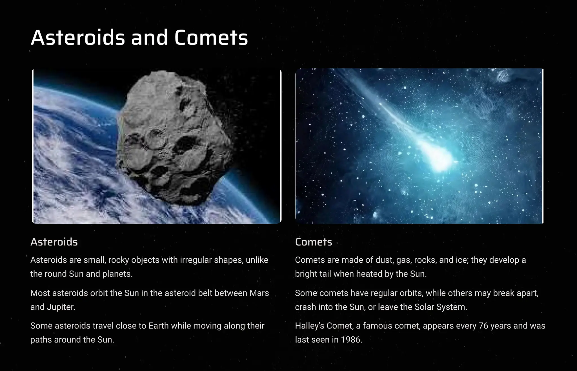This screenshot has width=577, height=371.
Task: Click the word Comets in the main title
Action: click(x=211, y=37)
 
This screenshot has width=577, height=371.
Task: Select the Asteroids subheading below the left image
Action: click(x=54, y=242)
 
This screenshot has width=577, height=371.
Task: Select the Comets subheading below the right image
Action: click(x=314, y=242)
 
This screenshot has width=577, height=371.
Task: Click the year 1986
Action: click(x=351, y=340)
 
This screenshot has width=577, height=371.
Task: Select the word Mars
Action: click(x=259, y=293)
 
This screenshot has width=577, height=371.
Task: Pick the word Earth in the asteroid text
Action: click(x=159, y=326)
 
